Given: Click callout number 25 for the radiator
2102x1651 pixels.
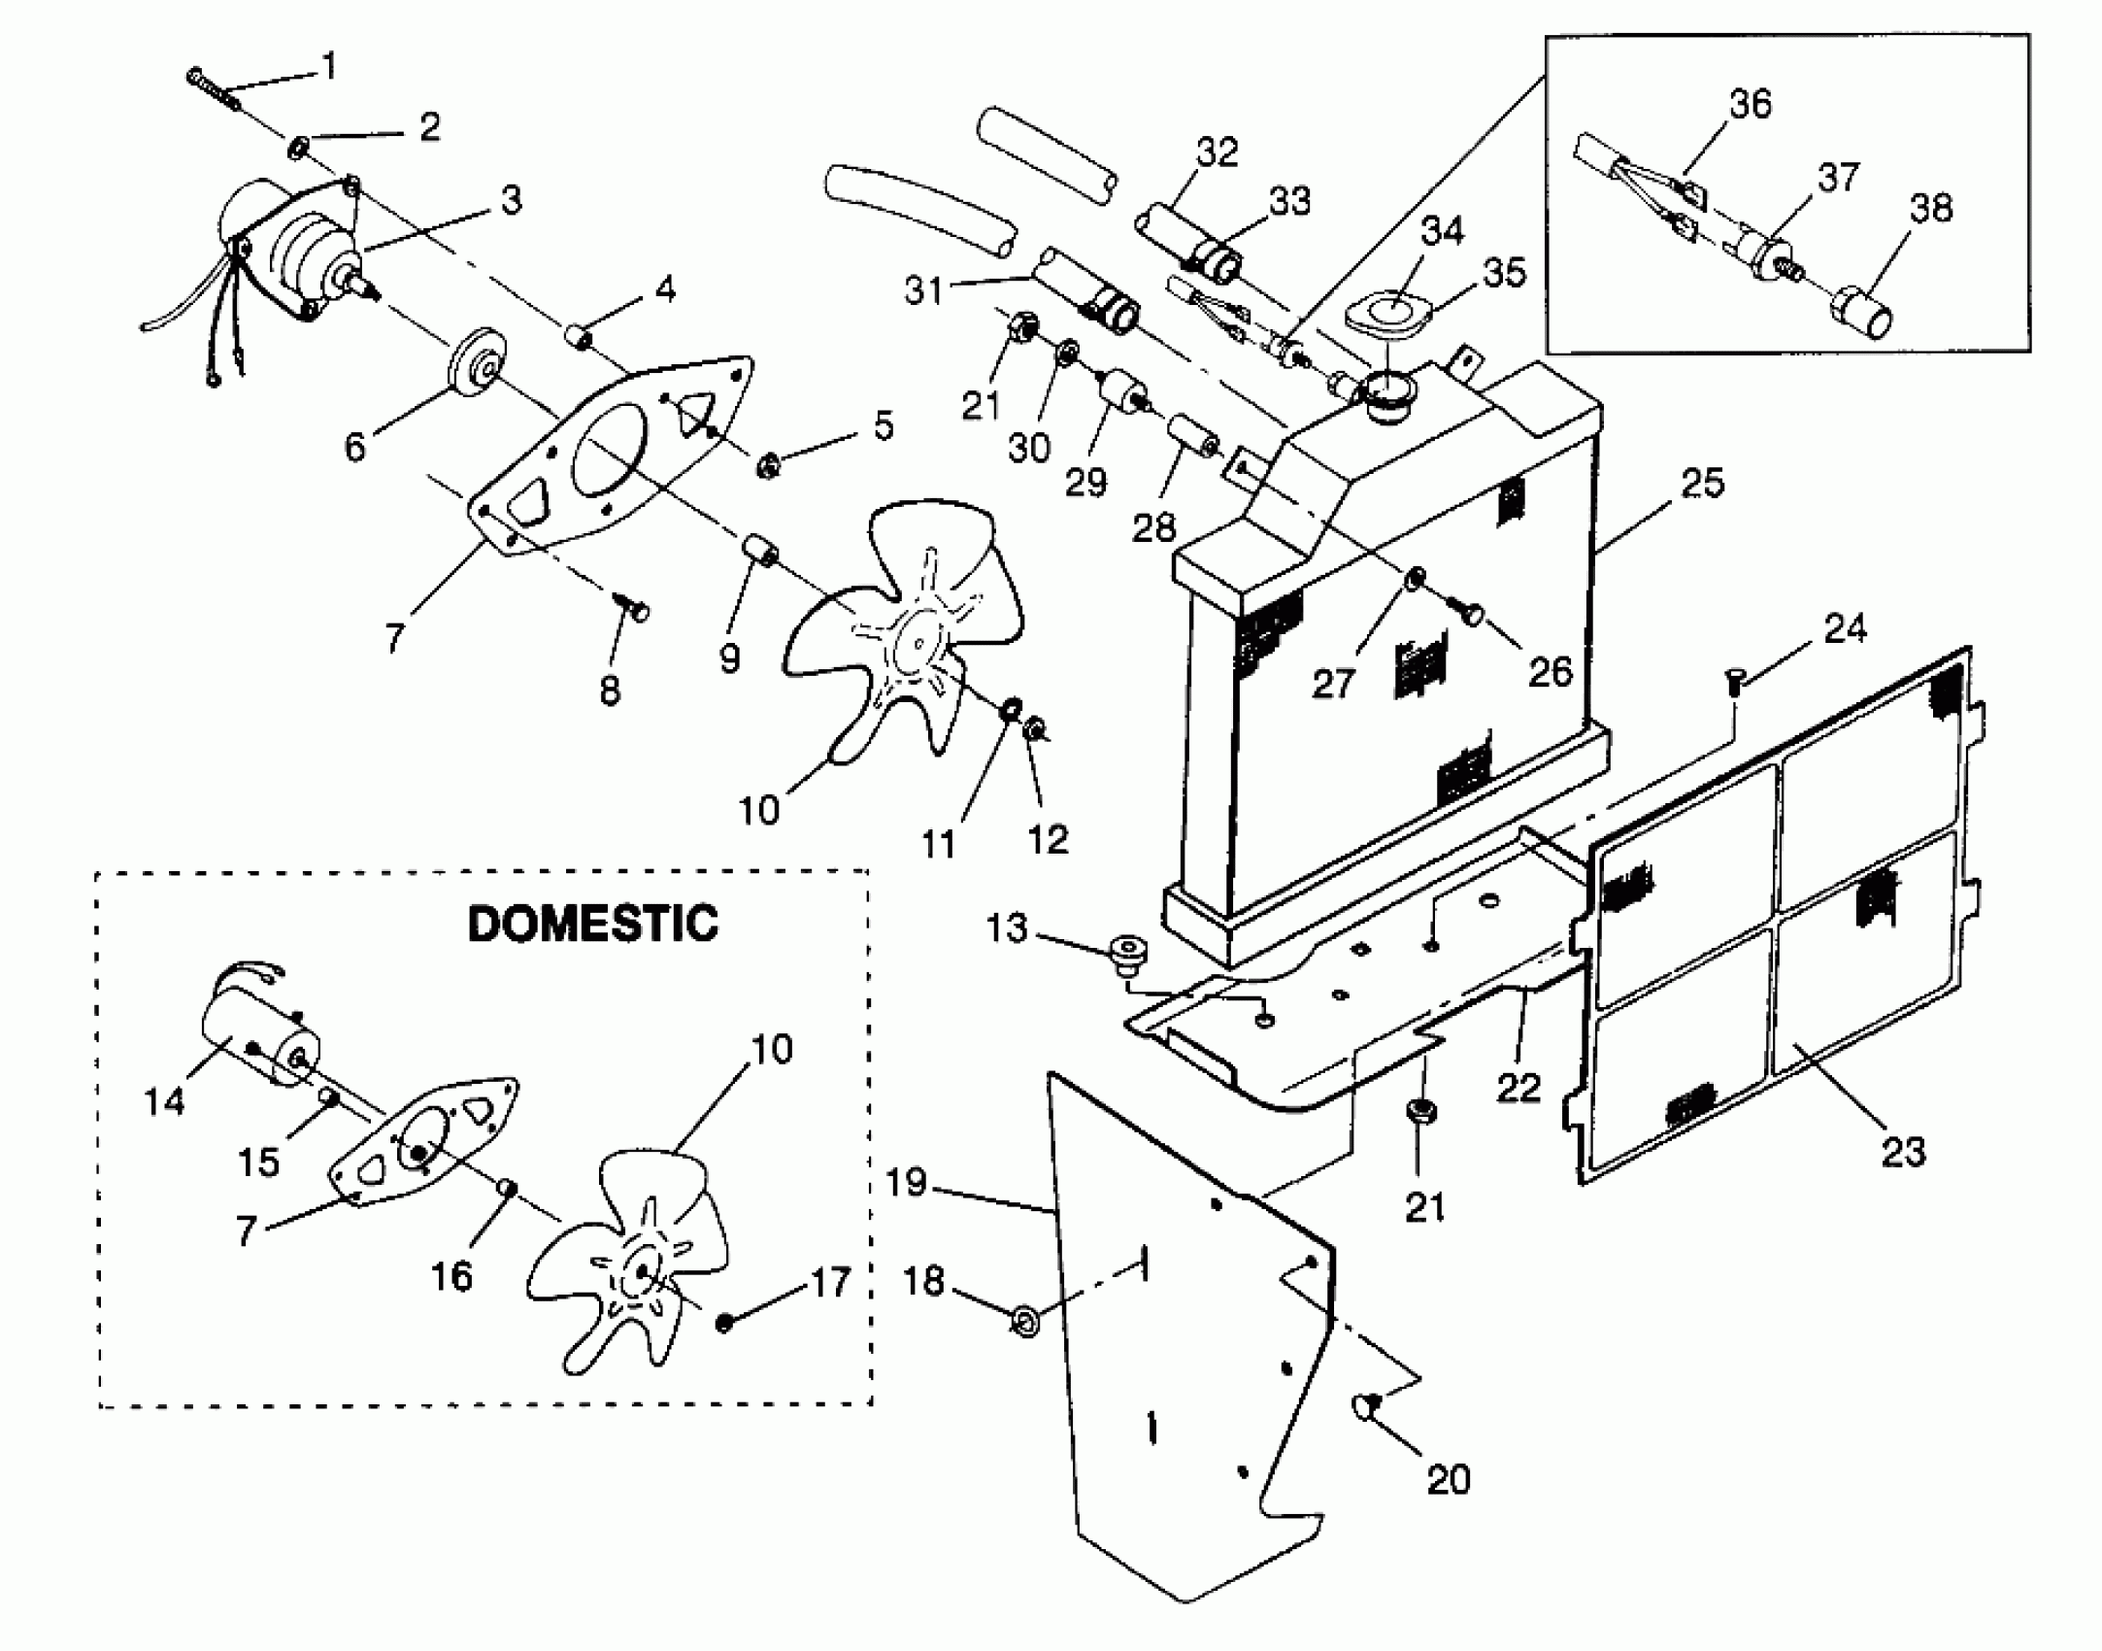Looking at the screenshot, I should click(x=1701, y=483).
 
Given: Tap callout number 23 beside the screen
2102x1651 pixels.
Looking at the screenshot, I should click(x=1902, y=1152).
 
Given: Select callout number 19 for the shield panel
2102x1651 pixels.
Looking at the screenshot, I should click(x=907, y=1182).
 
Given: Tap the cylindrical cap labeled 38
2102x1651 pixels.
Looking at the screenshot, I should click(x=1860, y=315).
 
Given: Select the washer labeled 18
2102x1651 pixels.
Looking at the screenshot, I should click(x=1023, y=1321).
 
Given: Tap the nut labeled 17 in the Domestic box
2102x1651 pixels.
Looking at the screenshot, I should click(x=724, y=1323).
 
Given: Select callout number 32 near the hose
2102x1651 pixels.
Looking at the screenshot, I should click(x=1217, y=152).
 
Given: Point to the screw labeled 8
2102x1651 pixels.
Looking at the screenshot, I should click(x=635, y=609).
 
